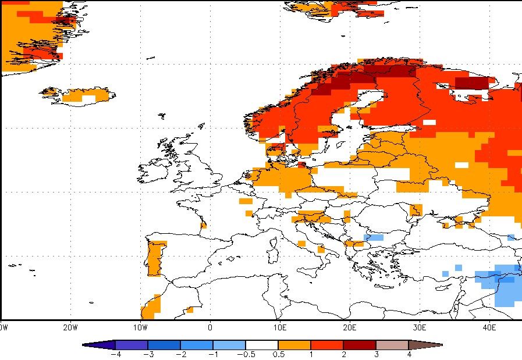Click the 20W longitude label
(x=70, y=328)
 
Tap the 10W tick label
(x=140, y=328)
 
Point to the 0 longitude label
(x=210, y=328)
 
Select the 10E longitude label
(x=280, y=328)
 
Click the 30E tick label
(x=420, y=328)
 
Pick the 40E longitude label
(x=489, y=328)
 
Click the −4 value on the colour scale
(x=116, y=354)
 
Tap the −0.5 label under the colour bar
(x=246, y=354)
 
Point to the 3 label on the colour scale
(x=377, y=354)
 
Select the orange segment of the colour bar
(x=294, y=345)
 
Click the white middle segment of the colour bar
(x=262, y=345)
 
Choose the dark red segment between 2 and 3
(x=360, y=345)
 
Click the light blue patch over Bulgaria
(x=374, y=237)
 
